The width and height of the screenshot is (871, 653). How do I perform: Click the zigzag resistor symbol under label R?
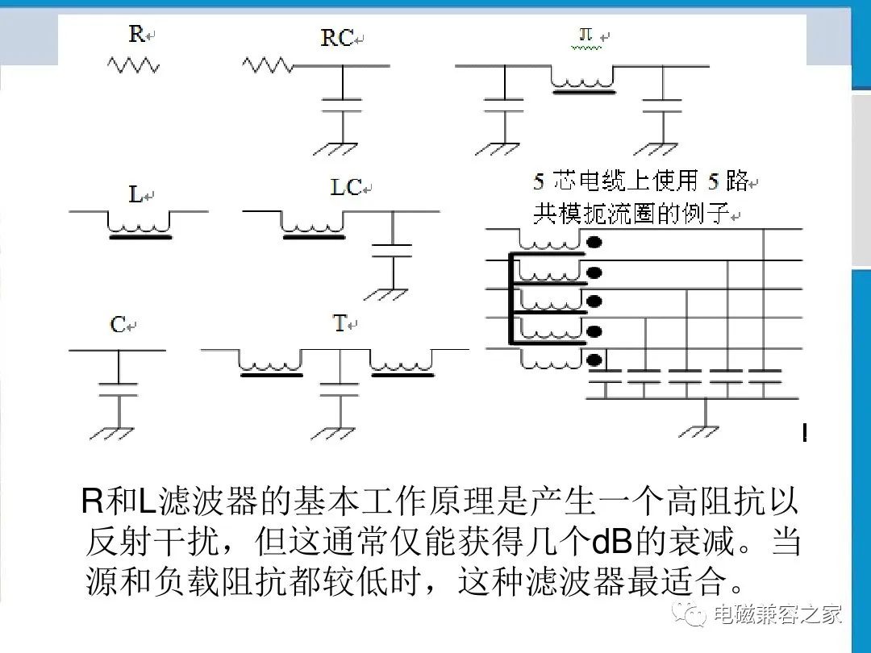pyautogui.click(x=133, y=65)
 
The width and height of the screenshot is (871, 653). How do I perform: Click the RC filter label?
pyautogui.click(x=337, y=38)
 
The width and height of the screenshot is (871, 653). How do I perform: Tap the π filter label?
pyautogui.click(x=586, y=35)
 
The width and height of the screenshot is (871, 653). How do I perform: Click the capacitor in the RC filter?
pyautogui.click(x=343, y=106)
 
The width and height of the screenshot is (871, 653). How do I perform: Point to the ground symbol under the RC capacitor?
pyautogui.click(x=335, y=148)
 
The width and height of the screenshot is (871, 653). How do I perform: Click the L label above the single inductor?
pyautogui.click(x=135, y=194)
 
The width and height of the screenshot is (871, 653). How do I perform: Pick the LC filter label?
pyautogui.click(x=346, y=187)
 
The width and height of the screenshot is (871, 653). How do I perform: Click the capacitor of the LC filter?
pyautogui.click(x=393, y=251)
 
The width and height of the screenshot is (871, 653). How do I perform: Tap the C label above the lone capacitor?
pyautogui.click(x=118, y=325)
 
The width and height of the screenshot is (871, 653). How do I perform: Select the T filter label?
pyautogui.click(x=340, y=322)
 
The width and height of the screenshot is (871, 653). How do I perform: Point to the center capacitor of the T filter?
pyautogui.click(x=340, y=389)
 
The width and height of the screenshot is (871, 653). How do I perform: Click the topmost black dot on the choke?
pyautogui.click(x=594, y=242)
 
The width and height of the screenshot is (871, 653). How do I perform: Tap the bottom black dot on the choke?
pyautogui.click(x=594, y=360)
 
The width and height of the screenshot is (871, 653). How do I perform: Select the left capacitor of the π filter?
pyautogui.click(x=504, y=106)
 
